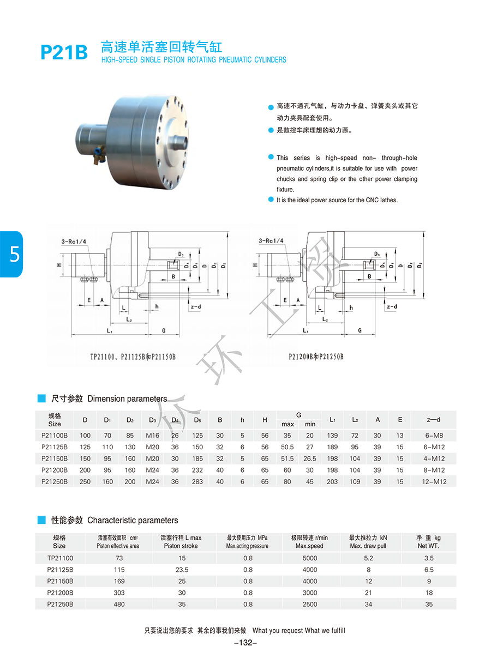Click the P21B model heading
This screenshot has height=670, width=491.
(64, 52)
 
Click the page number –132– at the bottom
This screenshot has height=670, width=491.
(245, 643)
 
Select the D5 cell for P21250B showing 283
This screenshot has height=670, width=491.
(197, 481)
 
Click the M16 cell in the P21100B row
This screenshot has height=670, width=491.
(152, 436)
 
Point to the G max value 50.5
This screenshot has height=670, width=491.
(288, 447)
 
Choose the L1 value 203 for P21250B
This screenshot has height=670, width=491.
(332, 481)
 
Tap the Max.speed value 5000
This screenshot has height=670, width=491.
(309, 558)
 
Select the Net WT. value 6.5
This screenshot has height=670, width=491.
(429, 569)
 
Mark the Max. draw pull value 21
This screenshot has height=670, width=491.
(368, 593)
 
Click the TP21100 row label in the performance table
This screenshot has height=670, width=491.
(60, 558)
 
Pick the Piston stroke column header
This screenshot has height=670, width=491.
(181, 541)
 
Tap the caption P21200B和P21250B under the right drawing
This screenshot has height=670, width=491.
(316, 358)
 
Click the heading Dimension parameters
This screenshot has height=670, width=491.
(127, 399)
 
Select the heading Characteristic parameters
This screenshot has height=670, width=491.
(133, 520)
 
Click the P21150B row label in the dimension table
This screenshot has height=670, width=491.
(55, 458)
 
